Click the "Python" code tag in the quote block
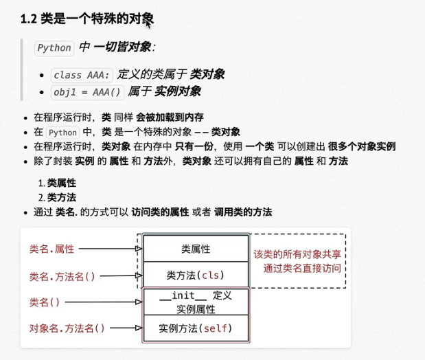pyautogui.click(x=54, y=48)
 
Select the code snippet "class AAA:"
pyautogui.click(x=76, y=75)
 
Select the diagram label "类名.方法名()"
pyautogui.click(x=62, y=276)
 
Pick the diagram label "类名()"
pyautogui.click(x=45, y=302)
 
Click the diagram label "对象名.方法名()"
pyautogui.click(x=67, y=328)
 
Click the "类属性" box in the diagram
pyautogui.click(x=196, y=248)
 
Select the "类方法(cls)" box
pyautogui.click(x=196, y=275)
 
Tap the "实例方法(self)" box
pyautogui.click(x=196, y=328)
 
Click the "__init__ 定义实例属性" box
pyautogui.click(x=196, y=302)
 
